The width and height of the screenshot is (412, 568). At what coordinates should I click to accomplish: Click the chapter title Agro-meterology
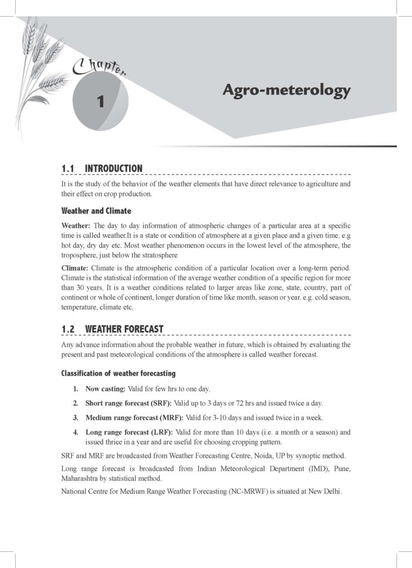[x=286, y=90]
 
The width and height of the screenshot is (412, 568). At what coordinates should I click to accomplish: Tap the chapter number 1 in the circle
[x=101, y=101]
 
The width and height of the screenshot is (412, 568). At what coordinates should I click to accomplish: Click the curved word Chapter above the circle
[x=99, y=68]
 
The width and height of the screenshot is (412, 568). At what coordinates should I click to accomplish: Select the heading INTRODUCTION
[x=113, y=169]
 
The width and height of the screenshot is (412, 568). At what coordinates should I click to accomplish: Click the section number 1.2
[x=68, y=329]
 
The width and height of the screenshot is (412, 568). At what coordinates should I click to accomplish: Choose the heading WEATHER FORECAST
[x=124, y=329]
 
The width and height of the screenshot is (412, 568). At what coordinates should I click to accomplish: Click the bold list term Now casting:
[x=105, y=389]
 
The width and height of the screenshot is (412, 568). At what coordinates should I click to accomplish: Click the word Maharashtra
[x=81, y=478]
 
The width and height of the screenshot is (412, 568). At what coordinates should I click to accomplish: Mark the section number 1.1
[x=68, y=169]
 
